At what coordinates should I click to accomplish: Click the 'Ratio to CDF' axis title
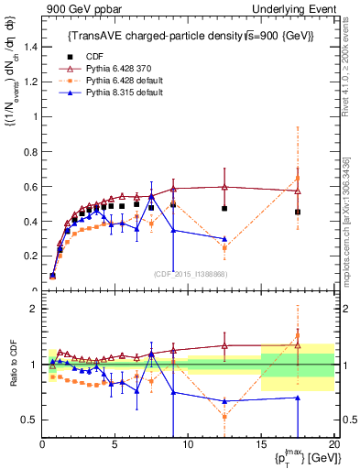tap(13, 365)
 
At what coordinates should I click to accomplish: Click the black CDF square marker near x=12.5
tap(224, 209)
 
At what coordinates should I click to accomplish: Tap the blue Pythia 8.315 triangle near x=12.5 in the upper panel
tap(224, 239)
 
